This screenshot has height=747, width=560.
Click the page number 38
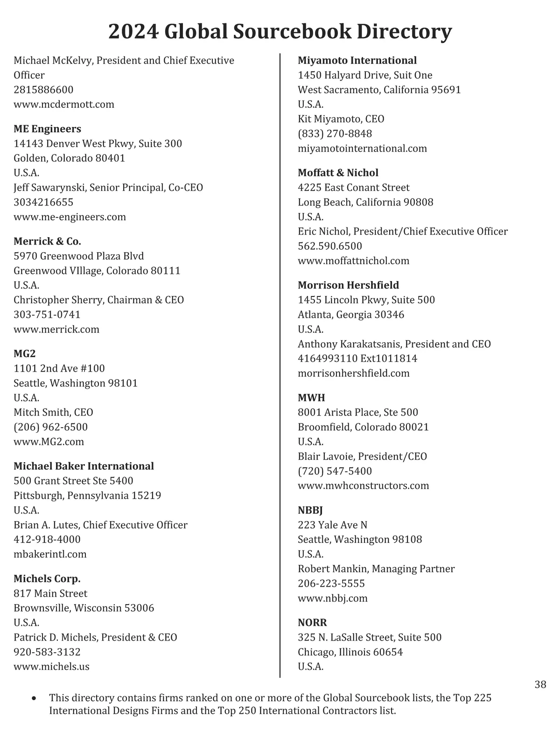[x=540, y=684]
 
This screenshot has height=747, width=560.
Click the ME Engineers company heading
[x=47, y=129]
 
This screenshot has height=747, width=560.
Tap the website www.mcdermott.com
[x=64, y=104]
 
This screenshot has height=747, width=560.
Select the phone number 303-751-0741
[x=47, y=315]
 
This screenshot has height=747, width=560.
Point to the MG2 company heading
[x=24, y=354]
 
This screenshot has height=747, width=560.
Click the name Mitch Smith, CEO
[x=53, y=413]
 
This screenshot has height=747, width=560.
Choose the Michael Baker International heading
[x=84, y=466]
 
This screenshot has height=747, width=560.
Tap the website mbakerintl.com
[x=50, y=554]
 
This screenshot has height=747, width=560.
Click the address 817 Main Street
[x=50, y=593]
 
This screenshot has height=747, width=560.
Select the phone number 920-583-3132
[x=47, y=652]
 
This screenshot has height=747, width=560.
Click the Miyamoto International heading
[x=357, y=61]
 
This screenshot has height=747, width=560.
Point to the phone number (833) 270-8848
[x=335, y=134]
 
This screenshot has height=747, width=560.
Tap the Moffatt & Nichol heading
[x=338, y=173]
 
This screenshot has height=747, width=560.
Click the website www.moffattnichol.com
[x=353, y=261]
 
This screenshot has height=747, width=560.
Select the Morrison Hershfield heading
[x=348, y=285]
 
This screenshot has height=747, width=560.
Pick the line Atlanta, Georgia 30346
[x=351, y=315]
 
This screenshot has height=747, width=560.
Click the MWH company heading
[x=311, y=398]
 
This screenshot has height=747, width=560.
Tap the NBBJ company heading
[x=310, y=510]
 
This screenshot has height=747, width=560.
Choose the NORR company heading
[x=312, y=623]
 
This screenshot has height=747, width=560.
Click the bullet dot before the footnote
[x=33, y=699]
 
